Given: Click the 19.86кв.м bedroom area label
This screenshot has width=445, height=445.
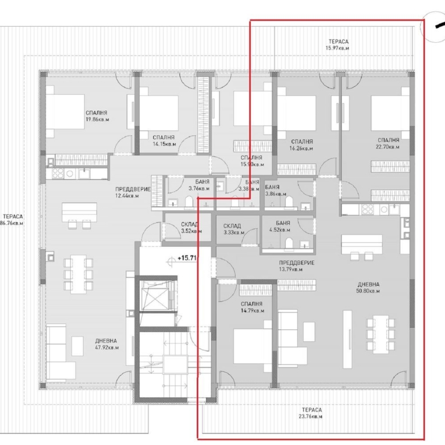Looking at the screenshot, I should pyautogui.click(x=96, y=116).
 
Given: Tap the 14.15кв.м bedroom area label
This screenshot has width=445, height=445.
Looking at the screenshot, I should pyautogui.click(x=164, y=141).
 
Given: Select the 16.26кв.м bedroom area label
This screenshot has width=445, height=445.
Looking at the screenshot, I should pyautogui.click(x=301, y=145).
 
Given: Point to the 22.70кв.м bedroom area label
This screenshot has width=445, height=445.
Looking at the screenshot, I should pyautogui.click(x=388, y=143).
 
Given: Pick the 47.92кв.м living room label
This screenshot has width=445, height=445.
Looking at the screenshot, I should pyautogui.click(x=107, y=343).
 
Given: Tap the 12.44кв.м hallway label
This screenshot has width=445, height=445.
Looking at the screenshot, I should pyautogui.click(x=132, y=192).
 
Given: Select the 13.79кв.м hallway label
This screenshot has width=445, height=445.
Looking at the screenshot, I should pyautogui.click(x=297, y=266).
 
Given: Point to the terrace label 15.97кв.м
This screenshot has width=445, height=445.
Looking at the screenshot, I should pyautogui.click(x=337, y=45).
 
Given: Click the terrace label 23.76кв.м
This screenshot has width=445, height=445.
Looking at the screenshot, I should pyautogui.click(x=309, y=414).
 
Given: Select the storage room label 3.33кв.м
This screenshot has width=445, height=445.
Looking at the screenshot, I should pyautogui.click(x=232, y=229).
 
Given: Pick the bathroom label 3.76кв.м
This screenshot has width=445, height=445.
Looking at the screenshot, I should pyautogui.click(x=199, y=185).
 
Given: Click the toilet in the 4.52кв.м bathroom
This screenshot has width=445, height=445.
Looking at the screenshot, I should pyautogui.click(x=289, y=244).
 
